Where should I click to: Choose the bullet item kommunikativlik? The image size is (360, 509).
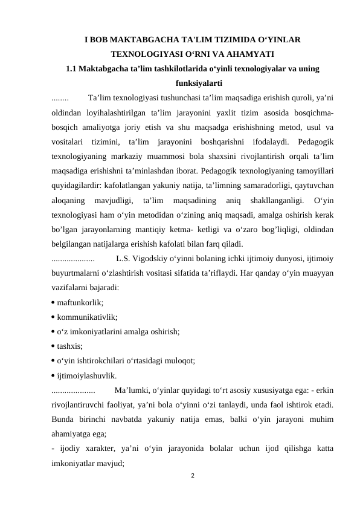[87, 316]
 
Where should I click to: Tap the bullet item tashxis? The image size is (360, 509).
[70, 346]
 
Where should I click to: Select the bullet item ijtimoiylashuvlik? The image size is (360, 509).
[87, 375]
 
